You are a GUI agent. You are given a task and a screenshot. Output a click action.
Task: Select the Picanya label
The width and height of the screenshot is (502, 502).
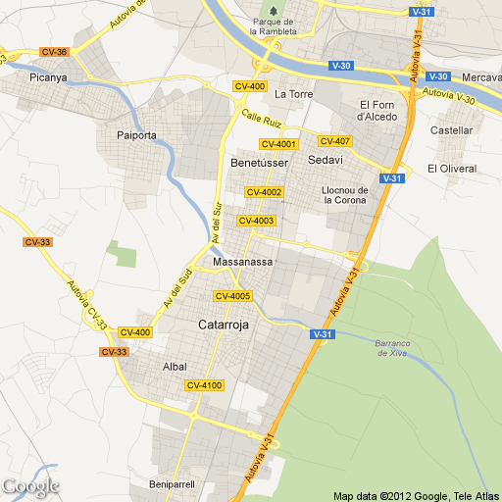(x=47, y=76)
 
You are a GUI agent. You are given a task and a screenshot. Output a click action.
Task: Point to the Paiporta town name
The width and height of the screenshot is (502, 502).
(x=136, y=135)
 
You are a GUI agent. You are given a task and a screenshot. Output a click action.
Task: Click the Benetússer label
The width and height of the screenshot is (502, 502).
(x=259, y=161)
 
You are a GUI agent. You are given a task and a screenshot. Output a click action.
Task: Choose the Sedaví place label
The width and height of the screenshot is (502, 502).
(x=326, y=160)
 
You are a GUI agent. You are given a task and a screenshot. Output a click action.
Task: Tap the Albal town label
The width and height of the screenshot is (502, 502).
(x=174, y=367)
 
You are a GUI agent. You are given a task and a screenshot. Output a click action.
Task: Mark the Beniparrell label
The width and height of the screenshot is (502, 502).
(x=174, y=484)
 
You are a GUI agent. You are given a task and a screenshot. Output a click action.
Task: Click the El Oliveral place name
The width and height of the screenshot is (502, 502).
(x=451, y=169)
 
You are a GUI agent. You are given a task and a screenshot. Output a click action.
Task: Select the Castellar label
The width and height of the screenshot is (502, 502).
(x=451, y=129)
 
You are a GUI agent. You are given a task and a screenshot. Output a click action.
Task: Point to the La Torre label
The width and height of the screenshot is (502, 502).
(x=293, y=95)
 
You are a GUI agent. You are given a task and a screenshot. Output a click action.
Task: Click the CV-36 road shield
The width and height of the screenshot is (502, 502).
(x=54, y=52)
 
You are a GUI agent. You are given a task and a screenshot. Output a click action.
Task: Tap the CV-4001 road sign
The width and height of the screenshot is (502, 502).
(x=278, y=145)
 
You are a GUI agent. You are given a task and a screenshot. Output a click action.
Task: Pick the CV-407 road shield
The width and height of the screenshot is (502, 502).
(x=335, y=141)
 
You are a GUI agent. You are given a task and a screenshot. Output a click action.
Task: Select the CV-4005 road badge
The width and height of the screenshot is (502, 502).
(x=233, y=296)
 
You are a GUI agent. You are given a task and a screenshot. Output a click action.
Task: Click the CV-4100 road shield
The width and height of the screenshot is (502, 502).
(x=205, y=385)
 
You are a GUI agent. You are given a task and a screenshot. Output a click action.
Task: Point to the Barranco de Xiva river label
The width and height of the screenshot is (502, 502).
(x=393, y=347)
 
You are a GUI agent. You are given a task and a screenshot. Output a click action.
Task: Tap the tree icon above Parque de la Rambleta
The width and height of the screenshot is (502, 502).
(x=275, y=10)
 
